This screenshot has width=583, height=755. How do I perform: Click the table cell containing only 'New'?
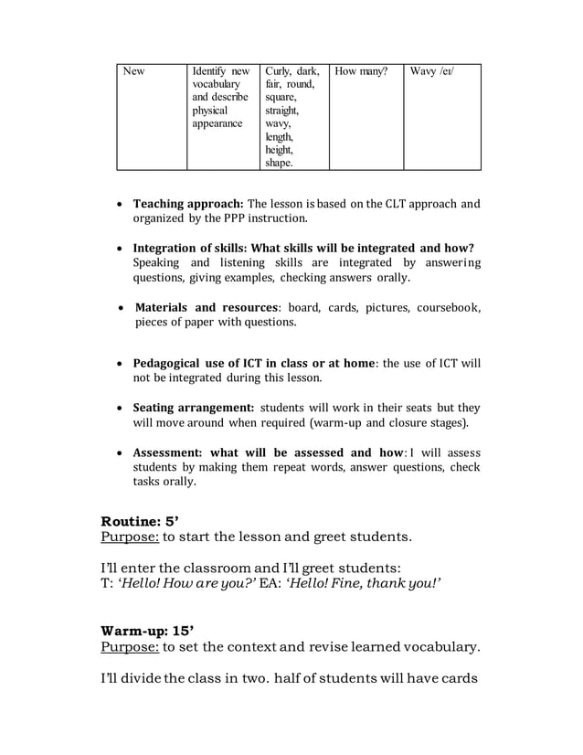(151, 117)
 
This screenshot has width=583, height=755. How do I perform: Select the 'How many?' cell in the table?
(366, 117)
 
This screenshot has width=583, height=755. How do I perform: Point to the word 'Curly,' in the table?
(278, 71)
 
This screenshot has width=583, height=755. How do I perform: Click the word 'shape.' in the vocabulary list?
(279, 163)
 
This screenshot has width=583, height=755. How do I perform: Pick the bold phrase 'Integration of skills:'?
(191, 248)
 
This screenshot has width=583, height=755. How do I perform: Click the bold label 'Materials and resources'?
(206, 307)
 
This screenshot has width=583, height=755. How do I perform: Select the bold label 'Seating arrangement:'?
(194, 408)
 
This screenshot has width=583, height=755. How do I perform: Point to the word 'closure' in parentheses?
(417, 423)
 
